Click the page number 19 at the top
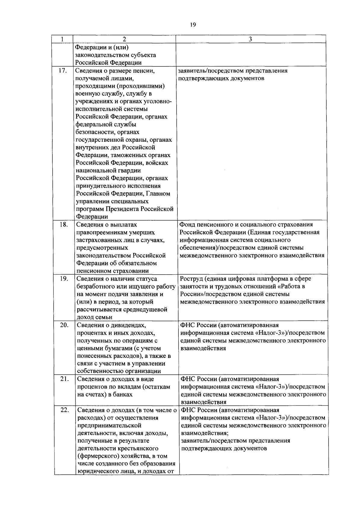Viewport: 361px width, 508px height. pos(193,25)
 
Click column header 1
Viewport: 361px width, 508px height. pos(62,39)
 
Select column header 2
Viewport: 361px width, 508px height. pos(124,39)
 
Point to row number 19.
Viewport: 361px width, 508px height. pos(63,279)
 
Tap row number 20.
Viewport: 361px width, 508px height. pos(64,325)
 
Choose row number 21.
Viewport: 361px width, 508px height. pos(64,379)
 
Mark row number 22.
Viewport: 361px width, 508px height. pos(64,410)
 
